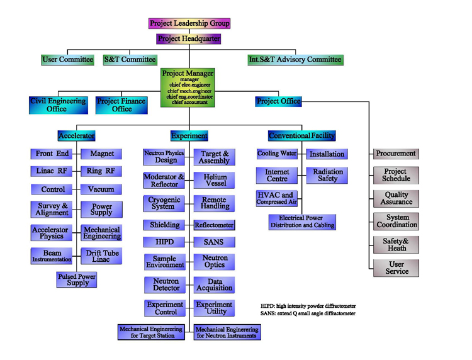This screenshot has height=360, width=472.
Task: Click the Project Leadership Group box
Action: [x=189, y=23]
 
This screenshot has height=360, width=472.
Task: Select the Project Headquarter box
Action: [x=189, y=39]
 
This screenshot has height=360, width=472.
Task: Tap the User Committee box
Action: [x=67, y=60]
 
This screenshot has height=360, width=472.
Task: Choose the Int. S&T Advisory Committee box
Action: [x=295, y=60]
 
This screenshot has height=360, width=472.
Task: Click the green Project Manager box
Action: [x=188, y=87]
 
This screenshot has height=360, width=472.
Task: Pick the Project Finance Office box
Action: [x=121, y=105]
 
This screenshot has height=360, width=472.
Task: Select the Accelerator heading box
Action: [x=76, y=135]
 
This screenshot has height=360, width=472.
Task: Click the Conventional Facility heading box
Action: [x=301, y=135]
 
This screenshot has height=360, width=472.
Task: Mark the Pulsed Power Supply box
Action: [x=77, y=279]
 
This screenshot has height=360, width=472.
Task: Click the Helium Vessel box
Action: [x=215, y=181]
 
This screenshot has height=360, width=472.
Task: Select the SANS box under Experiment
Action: [x=215, y=242]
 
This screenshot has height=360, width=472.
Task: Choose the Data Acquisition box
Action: [x=215, y=285]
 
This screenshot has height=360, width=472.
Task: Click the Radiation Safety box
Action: [x=327, y=175]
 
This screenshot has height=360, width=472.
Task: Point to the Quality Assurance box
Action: [x=396, y=199]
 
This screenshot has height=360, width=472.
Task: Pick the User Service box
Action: [x=396, y=268]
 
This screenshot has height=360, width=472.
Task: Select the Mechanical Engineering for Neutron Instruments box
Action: [x=227, y=332]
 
